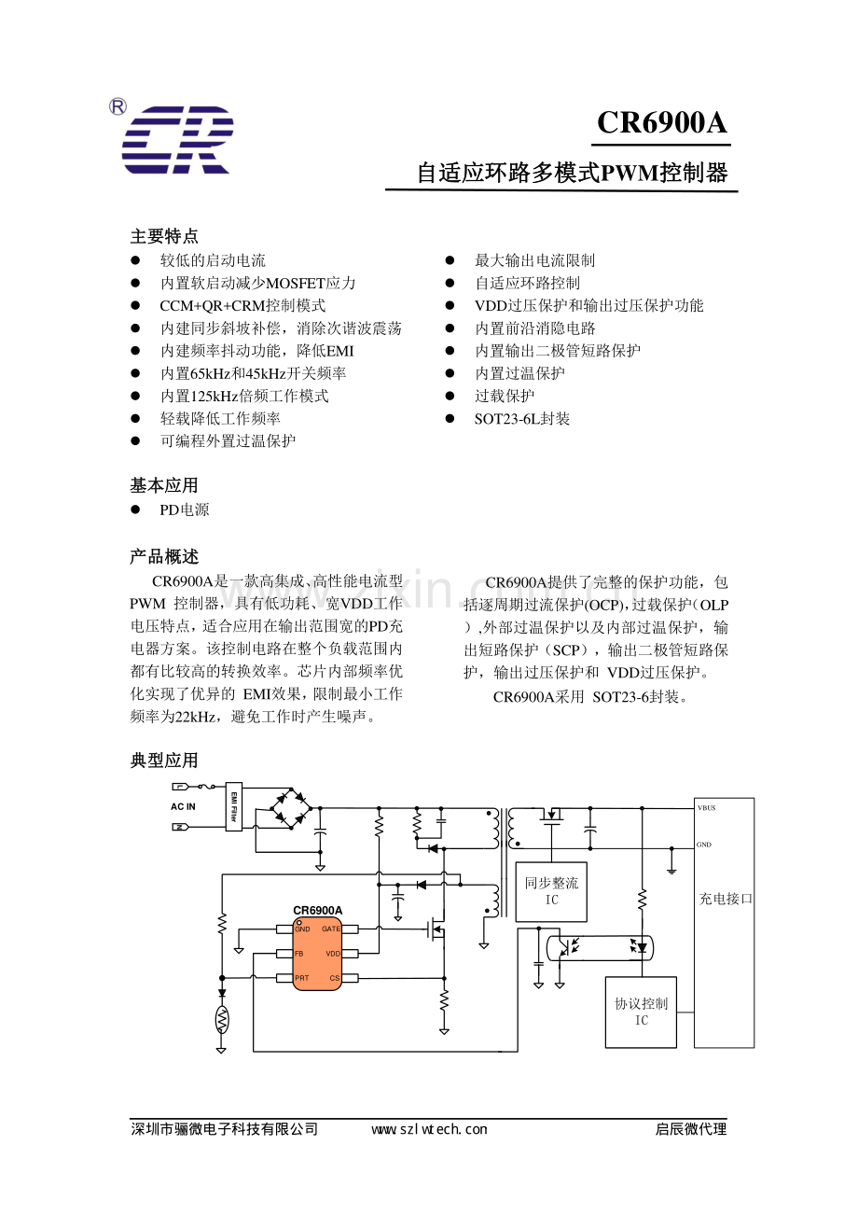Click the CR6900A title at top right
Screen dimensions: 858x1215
[x=661, y=123]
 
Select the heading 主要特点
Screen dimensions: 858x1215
[x=164, y=236]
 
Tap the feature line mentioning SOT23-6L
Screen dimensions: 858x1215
[x=522, y=419]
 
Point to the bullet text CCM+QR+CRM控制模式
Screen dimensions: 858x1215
[x=242, y=306]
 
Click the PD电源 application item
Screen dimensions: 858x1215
[x=185, y=510]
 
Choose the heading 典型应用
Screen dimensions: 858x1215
[x=164, y=761]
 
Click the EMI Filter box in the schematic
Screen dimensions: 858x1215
[x=234, y=806]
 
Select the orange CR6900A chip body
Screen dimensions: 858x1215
[x=318, y=954]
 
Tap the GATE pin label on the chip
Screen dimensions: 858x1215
[x=331, y=929]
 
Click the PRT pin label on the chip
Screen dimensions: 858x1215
[x=301, y=978]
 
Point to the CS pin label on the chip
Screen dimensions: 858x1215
[x=335, y=978]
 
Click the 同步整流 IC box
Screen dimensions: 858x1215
[x=551, y=892]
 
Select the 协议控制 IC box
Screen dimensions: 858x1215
[x=642, y=1012]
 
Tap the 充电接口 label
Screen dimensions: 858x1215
[x=726, y=899]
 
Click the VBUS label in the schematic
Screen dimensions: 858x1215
[x=706, y=807]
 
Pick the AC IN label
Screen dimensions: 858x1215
[x=183, y=806]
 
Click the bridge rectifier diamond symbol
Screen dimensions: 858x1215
[x=290, y=808]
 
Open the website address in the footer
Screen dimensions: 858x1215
[x=429, y=1129]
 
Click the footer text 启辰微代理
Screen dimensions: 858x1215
[x=690, y=1129]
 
